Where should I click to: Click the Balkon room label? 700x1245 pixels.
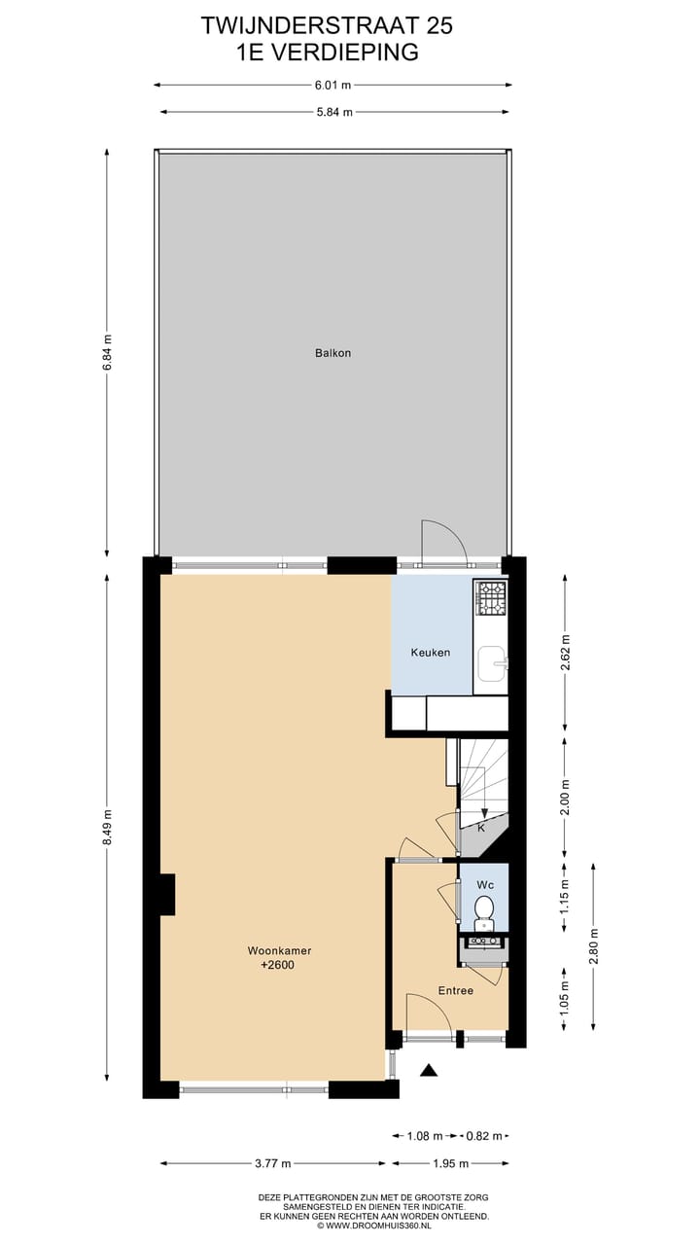(x=332, y=353)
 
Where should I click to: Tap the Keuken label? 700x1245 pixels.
(x=430, y=652)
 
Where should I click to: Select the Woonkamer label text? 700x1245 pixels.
(x=278, y=950)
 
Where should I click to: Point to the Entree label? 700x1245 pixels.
(x=455, y=991)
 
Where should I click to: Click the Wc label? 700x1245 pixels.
(x=483, y=885)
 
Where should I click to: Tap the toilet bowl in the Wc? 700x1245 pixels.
(x=483, y=910)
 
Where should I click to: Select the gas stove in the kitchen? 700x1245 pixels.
(x=491, y=598)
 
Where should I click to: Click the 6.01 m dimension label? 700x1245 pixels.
(x=332, y=85)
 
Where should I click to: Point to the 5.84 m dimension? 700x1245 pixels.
(x=332, y=113)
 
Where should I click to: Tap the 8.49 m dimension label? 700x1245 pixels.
(x=107, y=827)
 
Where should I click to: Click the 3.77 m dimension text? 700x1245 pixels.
(x=273, y=1163)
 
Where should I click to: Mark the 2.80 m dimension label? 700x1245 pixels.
(x=593, y=945)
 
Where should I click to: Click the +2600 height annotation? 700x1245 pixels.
(x=278, y=966)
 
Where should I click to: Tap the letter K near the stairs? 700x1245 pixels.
(x=480, y=828)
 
